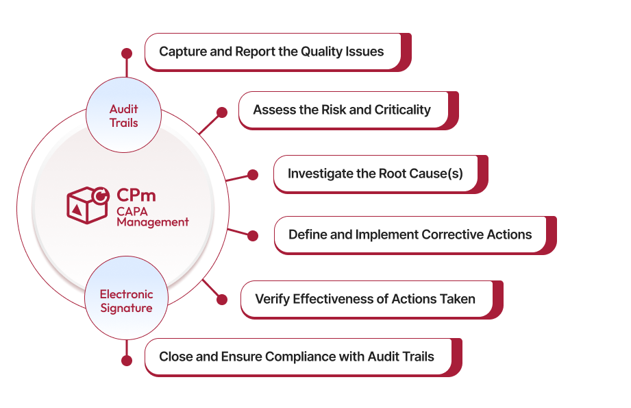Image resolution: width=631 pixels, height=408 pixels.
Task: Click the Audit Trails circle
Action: click(123, 116)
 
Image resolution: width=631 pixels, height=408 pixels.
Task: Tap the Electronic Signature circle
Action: click(126, 301)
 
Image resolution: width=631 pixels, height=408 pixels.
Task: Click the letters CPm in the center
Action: click(135, 195)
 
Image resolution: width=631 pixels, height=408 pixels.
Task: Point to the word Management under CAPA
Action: click(152, 222)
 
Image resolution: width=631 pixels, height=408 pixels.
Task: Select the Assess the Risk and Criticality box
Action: click(343, 110)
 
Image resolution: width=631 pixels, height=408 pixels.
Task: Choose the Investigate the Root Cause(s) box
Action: click(375, 173)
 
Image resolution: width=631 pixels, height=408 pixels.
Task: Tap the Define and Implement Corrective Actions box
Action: click(410, 235)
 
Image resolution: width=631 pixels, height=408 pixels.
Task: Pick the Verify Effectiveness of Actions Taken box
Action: click(366, 299)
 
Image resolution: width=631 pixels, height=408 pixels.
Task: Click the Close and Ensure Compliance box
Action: click(297, 357)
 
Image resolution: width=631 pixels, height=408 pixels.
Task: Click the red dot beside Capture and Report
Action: click(126, 52)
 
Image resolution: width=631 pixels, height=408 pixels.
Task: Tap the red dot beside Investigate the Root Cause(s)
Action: click(253, 175)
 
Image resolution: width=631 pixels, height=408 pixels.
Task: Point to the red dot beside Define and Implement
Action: click(253, 236)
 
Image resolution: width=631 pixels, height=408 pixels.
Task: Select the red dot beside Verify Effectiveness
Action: click(221, 300)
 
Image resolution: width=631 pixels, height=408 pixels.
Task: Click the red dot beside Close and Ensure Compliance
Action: click(126, 360)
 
